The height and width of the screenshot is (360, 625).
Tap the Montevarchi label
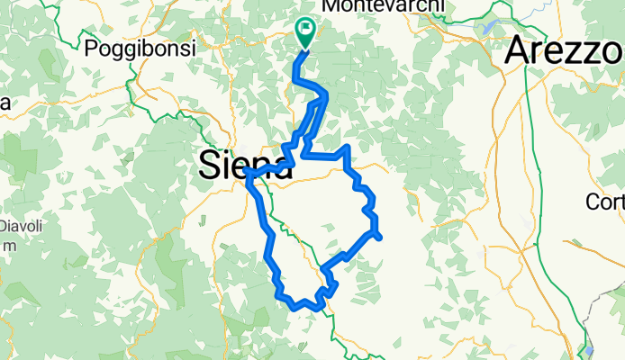point(383,6)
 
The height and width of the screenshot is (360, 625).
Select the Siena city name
point(245,165)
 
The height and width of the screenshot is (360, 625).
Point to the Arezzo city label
point(566,49)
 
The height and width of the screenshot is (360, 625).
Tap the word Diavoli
point(20,226)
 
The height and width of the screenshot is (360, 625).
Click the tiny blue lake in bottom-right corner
point(591,350)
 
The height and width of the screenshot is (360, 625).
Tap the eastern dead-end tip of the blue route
point(382,238)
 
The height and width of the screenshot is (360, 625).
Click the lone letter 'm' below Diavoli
point(5,246)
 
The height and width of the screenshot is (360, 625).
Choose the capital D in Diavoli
point(4,226)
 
